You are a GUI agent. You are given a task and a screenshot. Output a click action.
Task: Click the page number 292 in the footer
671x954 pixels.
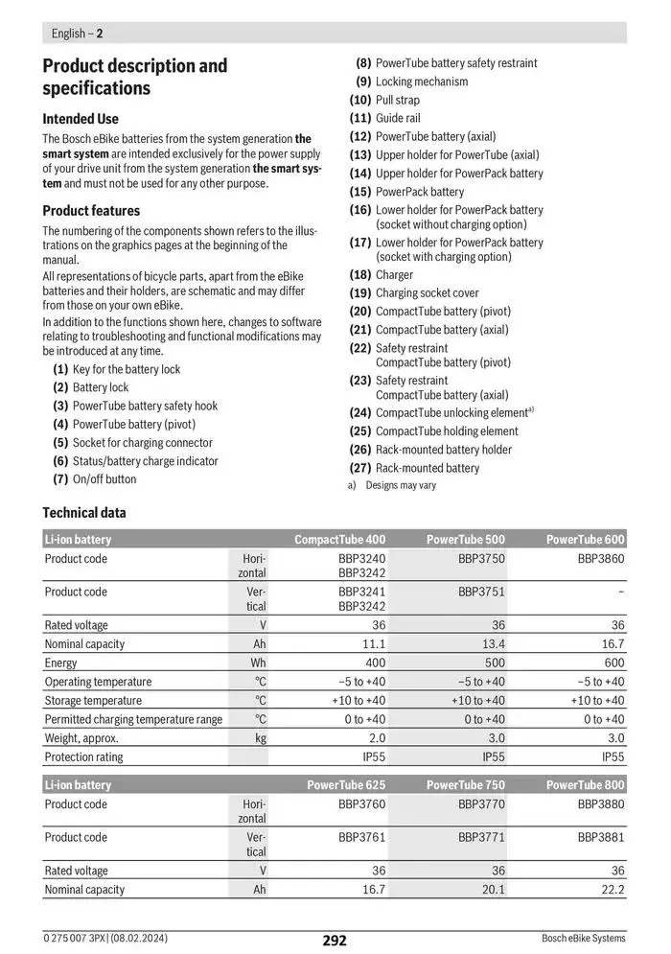pyautogui.click(x=334, y=941)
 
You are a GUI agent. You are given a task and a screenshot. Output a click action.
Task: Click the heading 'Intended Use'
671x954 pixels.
pyautogui.click(x=81, y=119)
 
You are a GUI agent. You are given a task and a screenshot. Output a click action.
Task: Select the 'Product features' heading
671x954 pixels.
pyautogui.click(x=91, y=210)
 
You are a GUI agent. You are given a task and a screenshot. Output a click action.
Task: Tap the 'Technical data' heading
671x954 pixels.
pyautogui.click(x=84, y=512)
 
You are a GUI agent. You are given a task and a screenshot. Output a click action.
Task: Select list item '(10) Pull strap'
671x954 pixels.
pyautogui.click(x=384, y=100)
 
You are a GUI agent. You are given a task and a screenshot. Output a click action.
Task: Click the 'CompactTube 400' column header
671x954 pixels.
pyautogui.click(x=339, y=540)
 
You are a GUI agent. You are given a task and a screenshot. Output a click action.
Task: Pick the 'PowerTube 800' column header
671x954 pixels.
pyautogui.click(x=585, y=785)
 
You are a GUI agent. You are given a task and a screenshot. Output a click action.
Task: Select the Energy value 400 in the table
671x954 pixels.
pyautogui.click(x=375, y=663)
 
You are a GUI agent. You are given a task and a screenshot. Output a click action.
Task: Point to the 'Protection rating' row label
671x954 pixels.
pyautogui.click(x=83, y=756)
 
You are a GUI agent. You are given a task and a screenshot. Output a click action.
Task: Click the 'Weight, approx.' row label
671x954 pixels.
pyautogui.click(x=81, y=738)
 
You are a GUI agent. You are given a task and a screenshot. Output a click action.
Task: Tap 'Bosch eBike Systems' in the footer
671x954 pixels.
pyautogui.click(x=583, y=938)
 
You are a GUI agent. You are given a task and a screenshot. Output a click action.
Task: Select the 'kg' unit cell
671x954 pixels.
pyautogui.click(x=260, y=738)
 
